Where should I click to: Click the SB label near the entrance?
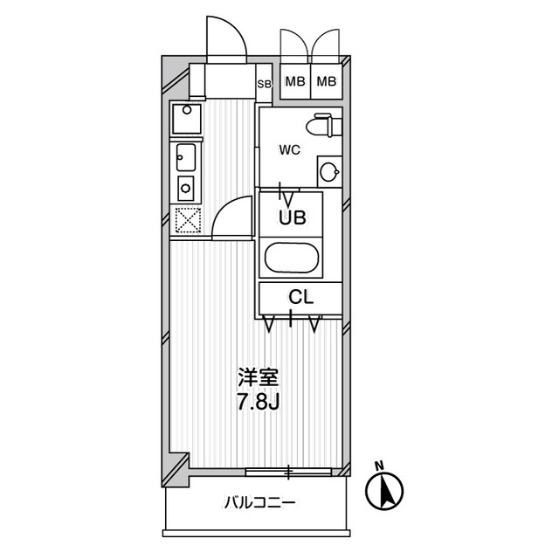point(264,85)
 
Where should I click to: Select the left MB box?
point(294,82)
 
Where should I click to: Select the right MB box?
point(326,82)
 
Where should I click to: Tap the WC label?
point(289,149)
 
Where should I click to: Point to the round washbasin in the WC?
point(328,171)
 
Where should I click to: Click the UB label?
point(291,218)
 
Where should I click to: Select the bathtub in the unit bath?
point(292,259)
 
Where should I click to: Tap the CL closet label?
point(300,297)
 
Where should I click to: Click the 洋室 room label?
point(258,380)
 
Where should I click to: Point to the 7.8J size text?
point(258,403)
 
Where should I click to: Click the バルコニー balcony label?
point(259,503)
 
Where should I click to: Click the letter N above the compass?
point(379,465)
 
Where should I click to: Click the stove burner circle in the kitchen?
point(185,185)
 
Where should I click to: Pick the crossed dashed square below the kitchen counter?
point(187,221)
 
